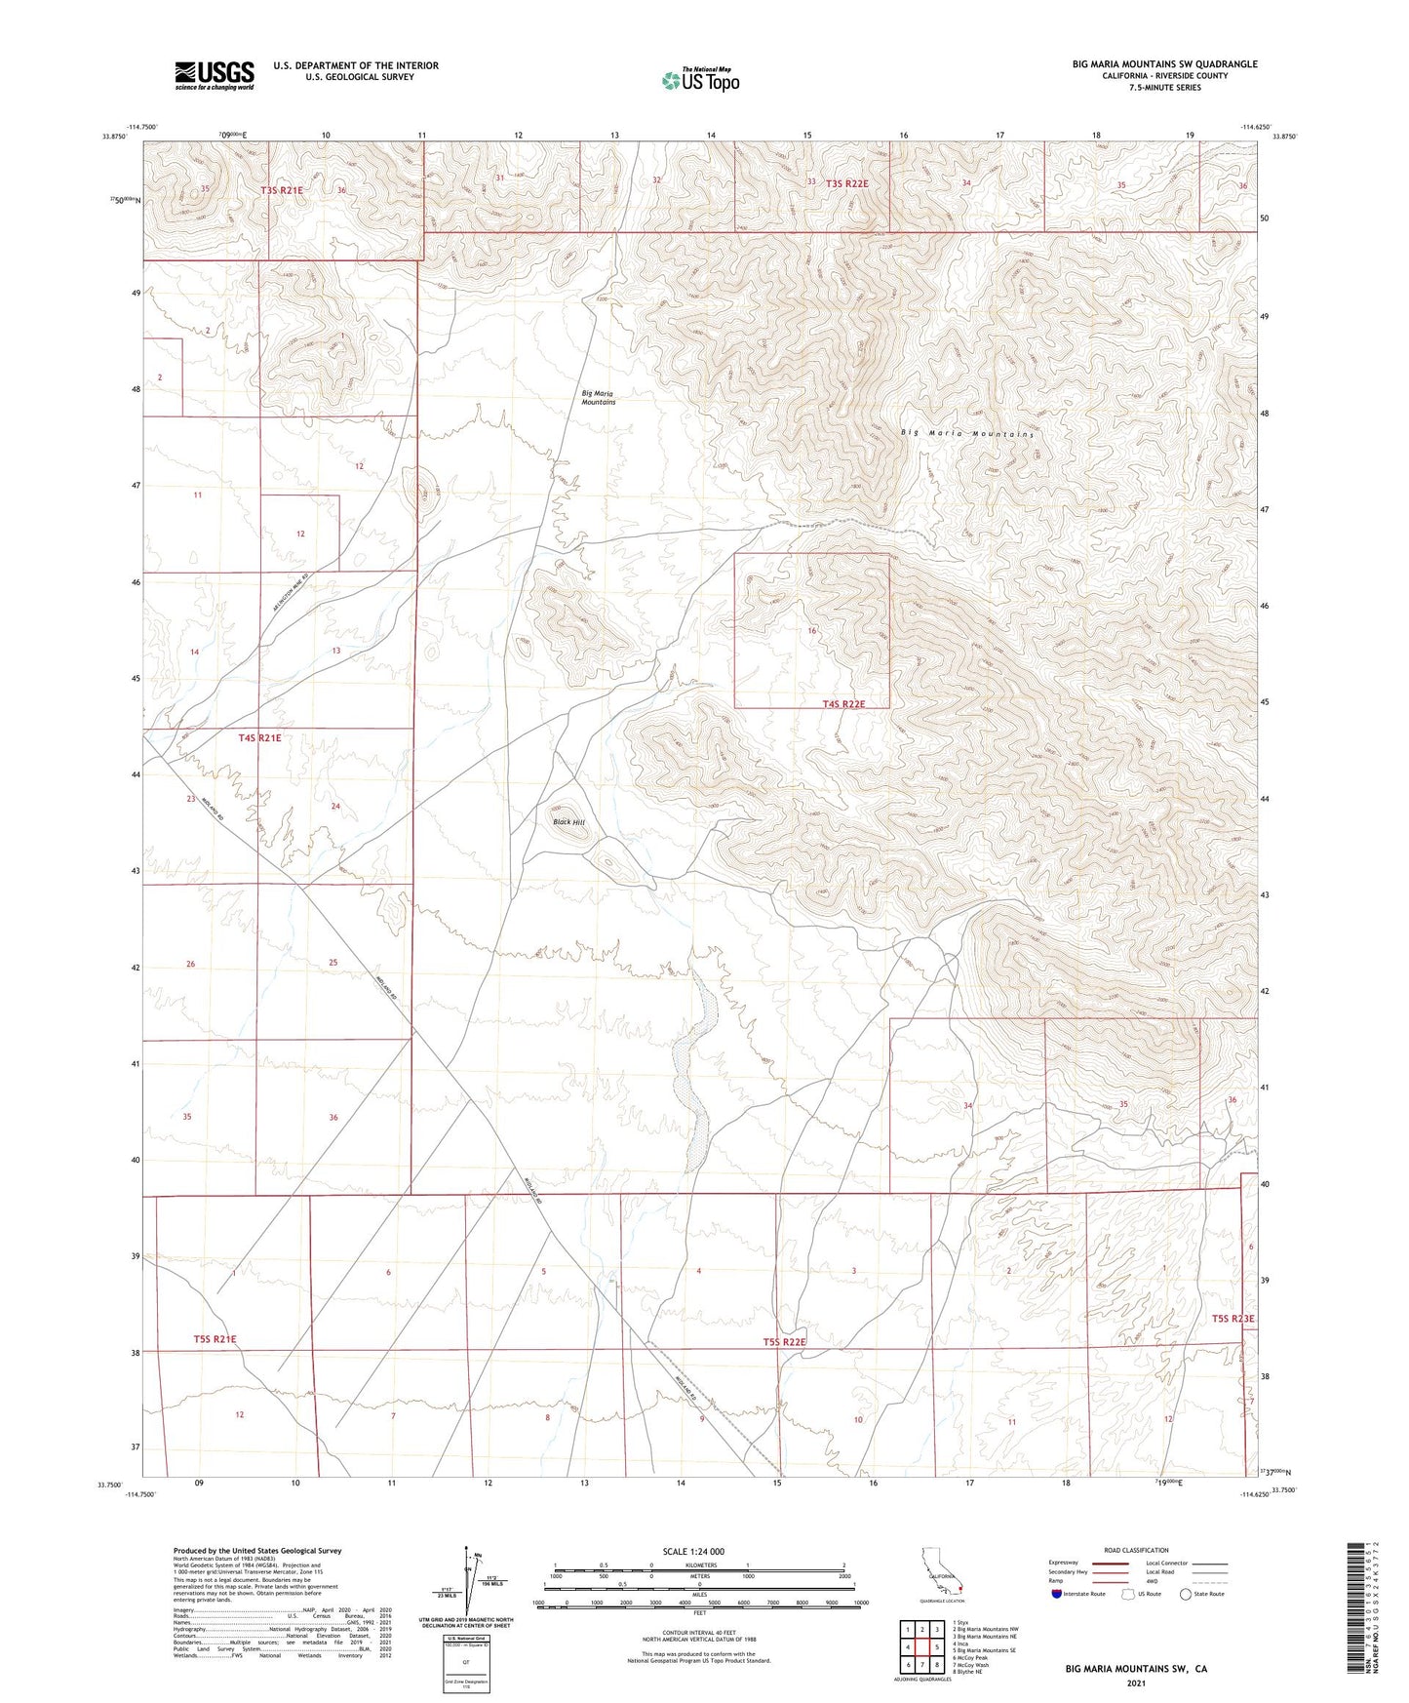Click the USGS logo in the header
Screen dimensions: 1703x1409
[x=215, y=75]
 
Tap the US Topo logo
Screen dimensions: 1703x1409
[x=699, y=80]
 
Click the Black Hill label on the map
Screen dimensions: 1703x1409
[x=568, y=822]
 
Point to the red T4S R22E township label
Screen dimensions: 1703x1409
[x=842, y=703]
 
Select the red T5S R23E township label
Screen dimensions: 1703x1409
[x=1233, y=1319]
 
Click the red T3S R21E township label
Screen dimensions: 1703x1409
[x=282, y=190]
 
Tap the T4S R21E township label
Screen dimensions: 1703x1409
[x=259, y=738]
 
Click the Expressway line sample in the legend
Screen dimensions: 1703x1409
[x=1111, y=1563]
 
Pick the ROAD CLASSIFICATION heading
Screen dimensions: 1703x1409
[x=1136, y=1550]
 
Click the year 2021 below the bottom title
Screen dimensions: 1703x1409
[x=1136, y=1683]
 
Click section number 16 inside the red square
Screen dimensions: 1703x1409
[x=811, y=631]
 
